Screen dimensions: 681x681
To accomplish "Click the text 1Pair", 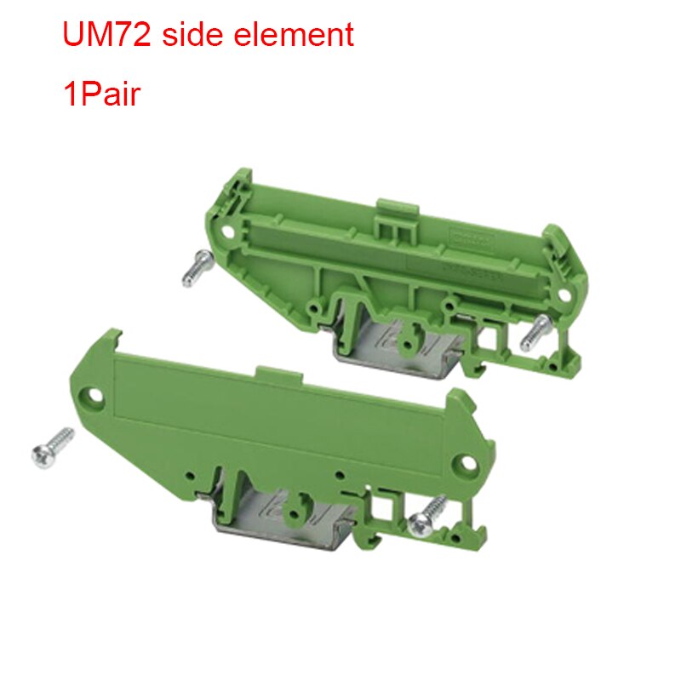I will (x=100, y=93).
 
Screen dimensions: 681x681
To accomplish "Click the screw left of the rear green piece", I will (x=195, y=269).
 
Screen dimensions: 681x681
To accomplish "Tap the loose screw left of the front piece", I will (x=51, y=443).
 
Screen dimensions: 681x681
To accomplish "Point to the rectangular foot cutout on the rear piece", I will (x=491, y=340).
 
